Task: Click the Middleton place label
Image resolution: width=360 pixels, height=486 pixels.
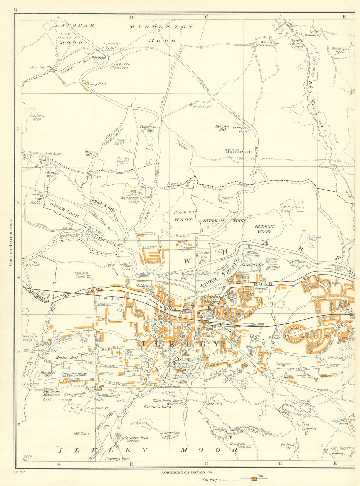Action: point(238,151)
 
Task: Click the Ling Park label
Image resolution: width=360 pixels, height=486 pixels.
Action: point(98,83)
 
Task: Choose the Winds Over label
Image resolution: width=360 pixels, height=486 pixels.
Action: point(202,107)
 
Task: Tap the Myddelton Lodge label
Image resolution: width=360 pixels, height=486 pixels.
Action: point(130,200)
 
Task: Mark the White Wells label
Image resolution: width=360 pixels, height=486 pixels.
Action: point(214,404)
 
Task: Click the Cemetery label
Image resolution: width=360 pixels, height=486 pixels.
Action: point(253,265)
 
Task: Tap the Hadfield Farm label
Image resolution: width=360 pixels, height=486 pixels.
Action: point(80,275)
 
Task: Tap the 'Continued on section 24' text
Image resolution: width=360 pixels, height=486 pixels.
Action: point(188,472)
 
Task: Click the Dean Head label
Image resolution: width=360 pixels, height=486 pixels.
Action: point(39,67)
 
